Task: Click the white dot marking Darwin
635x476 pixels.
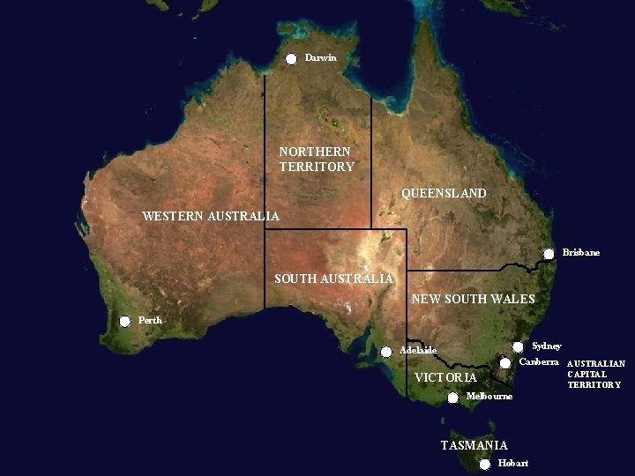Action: [291, 59]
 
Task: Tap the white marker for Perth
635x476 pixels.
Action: [124, 322]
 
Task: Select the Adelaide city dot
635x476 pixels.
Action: [386, 352]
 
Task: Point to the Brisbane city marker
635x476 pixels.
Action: [549, 254]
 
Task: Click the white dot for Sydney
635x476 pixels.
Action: [518, 347]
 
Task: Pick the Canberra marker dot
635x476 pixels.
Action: [505, 363]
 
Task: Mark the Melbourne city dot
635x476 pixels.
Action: [452, 398]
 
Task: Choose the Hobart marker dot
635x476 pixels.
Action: [484, 465]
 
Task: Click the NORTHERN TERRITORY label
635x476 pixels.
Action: [317, 160]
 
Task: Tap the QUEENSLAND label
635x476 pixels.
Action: [444, 193]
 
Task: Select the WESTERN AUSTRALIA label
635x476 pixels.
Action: [211, 216]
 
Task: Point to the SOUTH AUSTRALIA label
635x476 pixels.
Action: [333, 279]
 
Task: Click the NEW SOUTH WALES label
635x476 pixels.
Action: [474, 300]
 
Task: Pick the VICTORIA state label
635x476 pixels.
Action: [445, 378]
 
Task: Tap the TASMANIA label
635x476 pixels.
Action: [474, 445]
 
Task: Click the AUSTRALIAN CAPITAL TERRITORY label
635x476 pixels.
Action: [596, 374]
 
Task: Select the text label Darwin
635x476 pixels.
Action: [321, 58]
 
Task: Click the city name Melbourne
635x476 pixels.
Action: [489, 397]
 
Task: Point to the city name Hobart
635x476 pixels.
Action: [512, 464]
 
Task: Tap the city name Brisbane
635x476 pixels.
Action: [580, 253]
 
